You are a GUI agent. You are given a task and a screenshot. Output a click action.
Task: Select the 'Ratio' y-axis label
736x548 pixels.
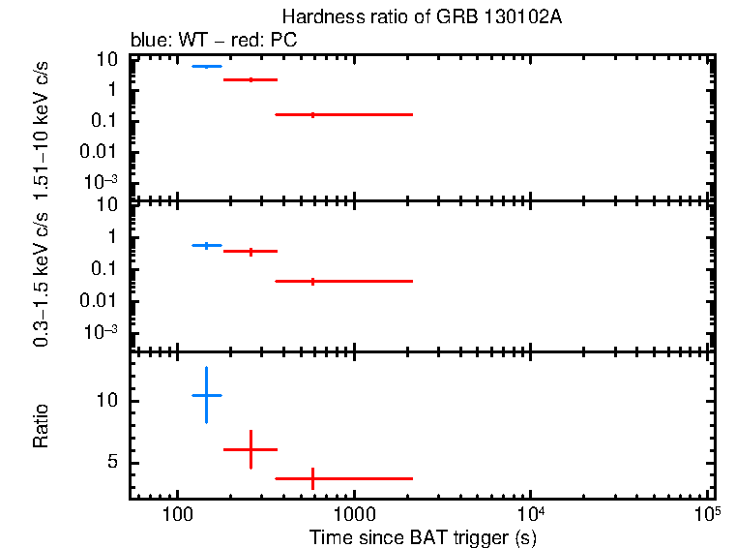pyautogui.click(x=42, y=426)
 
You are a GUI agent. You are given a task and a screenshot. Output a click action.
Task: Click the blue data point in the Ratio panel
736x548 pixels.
pyautogui.click(x=206, y=395)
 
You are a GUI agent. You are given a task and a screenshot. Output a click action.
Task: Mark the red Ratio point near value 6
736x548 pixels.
pyautogui.click(x=251, y=449)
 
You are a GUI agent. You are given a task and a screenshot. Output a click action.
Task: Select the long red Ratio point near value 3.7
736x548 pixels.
pyautogui.click(x=312, y=478)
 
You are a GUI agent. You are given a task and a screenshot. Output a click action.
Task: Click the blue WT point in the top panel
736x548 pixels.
pyautogui.click(x=206, y=66)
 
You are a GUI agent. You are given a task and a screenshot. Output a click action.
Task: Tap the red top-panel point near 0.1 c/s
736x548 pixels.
pyautogui.click(x=312, y=114)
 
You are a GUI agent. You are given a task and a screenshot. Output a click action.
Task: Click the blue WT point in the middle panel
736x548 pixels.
pyautogui.click(x=206, y=246)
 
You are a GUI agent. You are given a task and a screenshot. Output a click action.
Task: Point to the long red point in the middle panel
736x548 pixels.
pyautogui.click(x=312, y=281)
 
